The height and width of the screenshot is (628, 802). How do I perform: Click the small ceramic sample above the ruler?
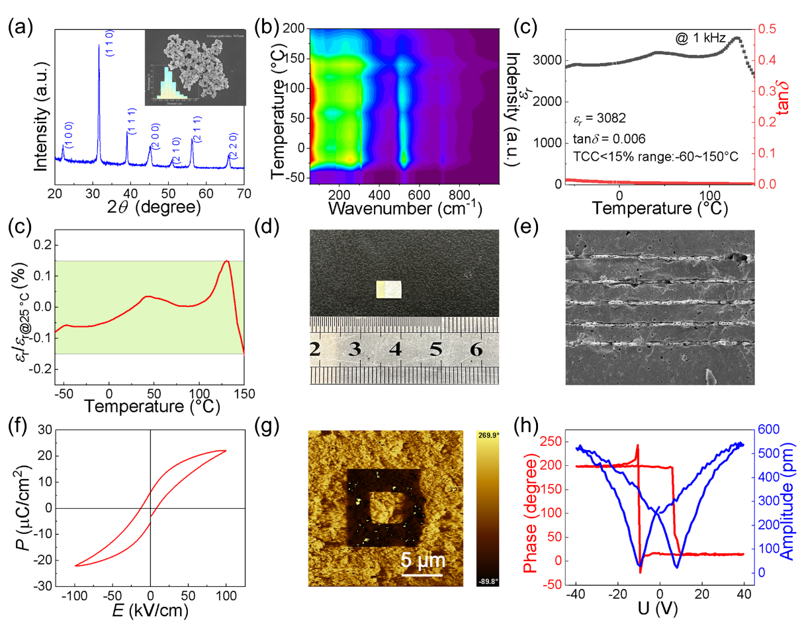click(x=389, y=289)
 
